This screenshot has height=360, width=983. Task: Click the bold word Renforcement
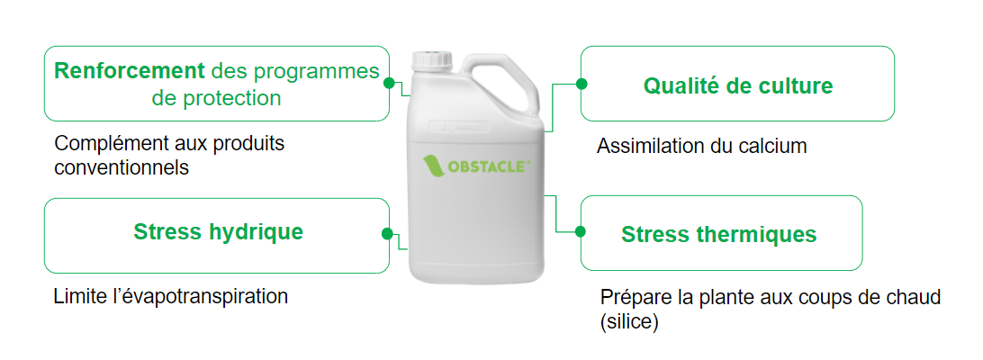click(130, 71)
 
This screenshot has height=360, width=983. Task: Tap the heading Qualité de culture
click(738, 85)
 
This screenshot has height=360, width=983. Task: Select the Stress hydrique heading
click(218, 232)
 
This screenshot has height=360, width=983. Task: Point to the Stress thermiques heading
click(718, 235)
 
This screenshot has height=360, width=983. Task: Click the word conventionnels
click(122, 168)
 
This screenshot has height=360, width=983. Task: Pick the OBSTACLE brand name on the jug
click(491, 166)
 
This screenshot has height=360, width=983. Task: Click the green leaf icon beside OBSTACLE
click(434, 166)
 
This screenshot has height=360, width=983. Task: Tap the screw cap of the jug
click(432, 60)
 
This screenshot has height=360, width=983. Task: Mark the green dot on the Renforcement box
click(389, 83)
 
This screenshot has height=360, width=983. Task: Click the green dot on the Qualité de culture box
click(582, 84)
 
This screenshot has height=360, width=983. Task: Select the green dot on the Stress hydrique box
click(388, 234)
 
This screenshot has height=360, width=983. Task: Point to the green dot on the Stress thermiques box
click(581, 232)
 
